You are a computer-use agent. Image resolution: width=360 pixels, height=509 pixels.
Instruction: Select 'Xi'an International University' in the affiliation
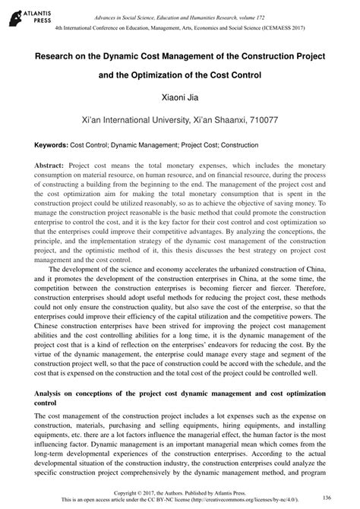click(x=134, y=120)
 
